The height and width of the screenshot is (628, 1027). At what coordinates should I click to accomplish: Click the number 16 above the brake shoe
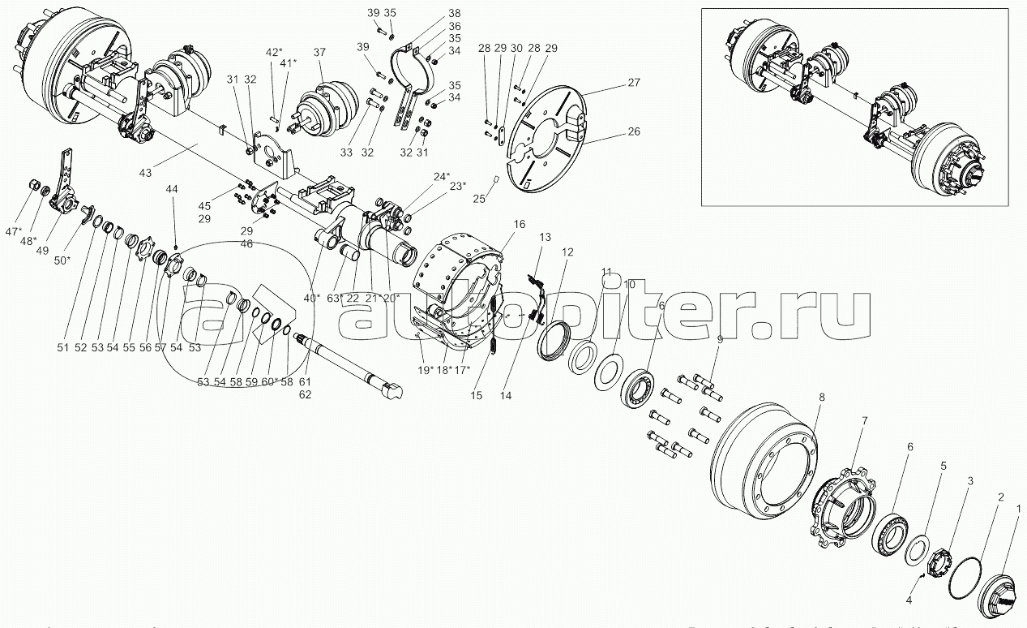[520, 223]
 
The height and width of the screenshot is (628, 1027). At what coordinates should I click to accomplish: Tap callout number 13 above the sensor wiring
[545, 236]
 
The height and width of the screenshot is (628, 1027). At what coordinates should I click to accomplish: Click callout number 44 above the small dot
[172, 189]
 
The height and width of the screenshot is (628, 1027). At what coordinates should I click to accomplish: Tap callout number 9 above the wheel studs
[720, 341]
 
